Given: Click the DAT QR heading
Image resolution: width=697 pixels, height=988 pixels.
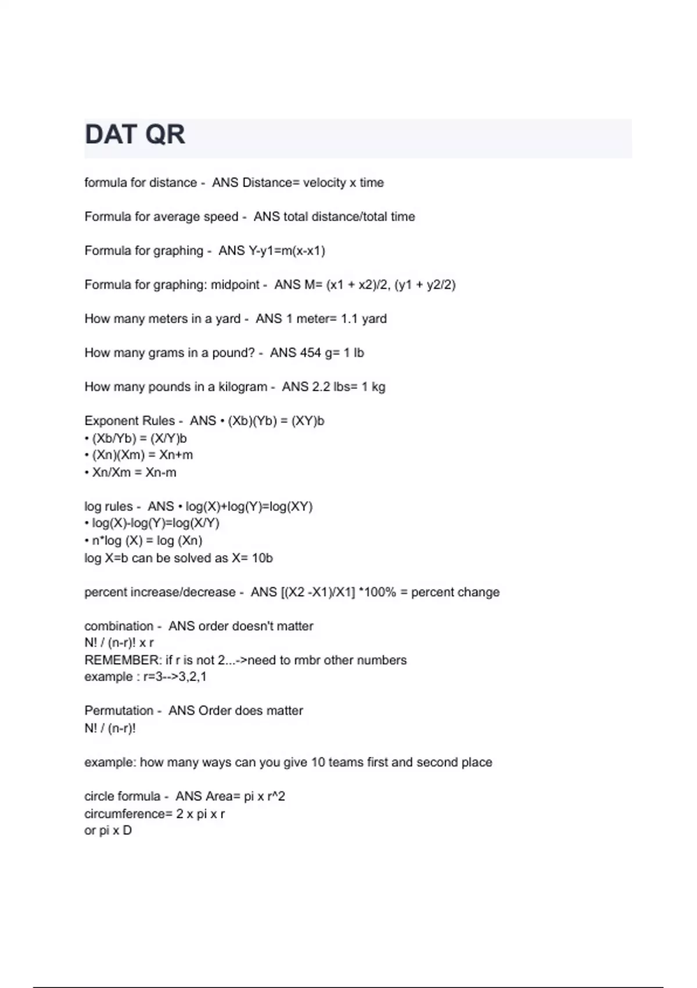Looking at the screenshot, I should (135, 135).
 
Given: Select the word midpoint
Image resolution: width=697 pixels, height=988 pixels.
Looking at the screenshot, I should (235, 285).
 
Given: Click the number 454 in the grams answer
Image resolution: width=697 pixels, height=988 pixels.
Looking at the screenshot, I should (311, 353).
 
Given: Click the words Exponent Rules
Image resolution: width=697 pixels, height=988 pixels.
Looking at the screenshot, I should (130, 421).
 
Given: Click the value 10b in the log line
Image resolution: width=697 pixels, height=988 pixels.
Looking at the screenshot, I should (262, 559).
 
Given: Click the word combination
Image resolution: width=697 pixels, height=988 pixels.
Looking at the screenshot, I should (118, 627).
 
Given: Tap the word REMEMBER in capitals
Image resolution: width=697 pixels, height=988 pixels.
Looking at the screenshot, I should (122, 660).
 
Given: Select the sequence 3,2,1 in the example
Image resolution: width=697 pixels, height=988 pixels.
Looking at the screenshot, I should (192, 677).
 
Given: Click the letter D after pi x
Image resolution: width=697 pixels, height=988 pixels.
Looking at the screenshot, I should (127, 831).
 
